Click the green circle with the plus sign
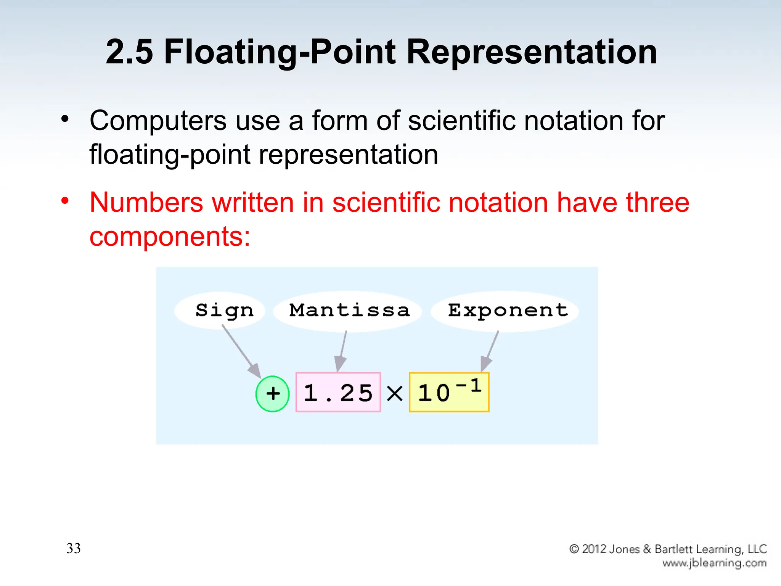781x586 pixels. pos(272,393)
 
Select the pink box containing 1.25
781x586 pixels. pos(338,392)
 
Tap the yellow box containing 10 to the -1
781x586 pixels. pos(449,392)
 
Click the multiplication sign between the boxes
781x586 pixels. pos(395,393)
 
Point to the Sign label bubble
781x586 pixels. pos(220,310)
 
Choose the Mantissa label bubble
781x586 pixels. pos(348,311)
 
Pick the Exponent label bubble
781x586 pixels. pos(505,311)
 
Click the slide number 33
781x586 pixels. pos(74,548)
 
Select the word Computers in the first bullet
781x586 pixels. pos(158,121)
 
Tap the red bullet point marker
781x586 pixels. pos(65,200)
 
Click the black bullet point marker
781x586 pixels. pos(65,119)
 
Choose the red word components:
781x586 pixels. pos(170,237)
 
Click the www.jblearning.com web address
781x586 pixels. pos(714,563)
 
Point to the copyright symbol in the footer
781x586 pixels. pos(574,549)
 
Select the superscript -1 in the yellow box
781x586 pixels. pos(469,385)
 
